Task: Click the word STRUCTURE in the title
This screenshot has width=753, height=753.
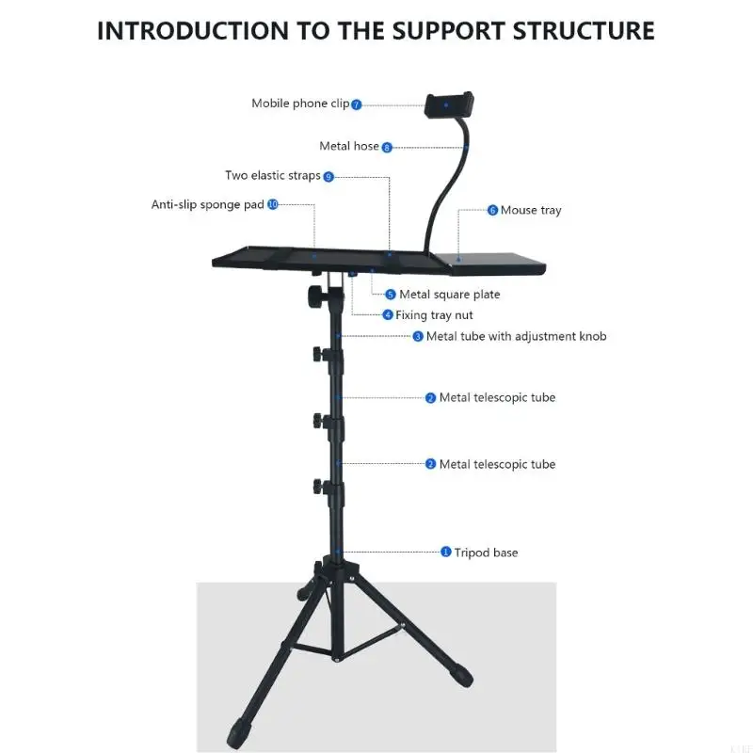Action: tap(584, 31)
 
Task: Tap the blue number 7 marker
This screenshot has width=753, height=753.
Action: tap(356, 104)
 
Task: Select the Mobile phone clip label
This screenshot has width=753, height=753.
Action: tap(300, 104)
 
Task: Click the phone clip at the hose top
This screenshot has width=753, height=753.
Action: tap(449, 104)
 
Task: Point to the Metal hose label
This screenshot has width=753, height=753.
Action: tap(349, 146)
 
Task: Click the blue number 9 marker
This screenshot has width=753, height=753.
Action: tap(328, 177)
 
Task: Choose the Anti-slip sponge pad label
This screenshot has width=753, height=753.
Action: tap(207, 204)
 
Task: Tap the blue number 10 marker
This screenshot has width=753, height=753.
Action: tap(273, 204)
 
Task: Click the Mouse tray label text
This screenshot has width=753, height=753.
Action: tap(531, 210)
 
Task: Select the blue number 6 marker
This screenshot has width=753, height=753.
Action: tap(492, 210)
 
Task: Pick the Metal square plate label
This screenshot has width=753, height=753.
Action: tap(450, 295)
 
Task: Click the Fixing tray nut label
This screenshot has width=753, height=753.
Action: tap(434, 315)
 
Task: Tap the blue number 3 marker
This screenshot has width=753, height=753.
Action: tap(418, 337)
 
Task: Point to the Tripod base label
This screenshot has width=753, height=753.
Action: tap(486, 553)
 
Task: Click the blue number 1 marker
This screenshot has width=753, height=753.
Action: tap(445, 553)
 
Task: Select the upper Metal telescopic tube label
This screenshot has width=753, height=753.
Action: tap(497, 397)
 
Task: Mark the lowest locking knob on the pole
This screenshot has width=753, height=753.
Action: tap(319, 487)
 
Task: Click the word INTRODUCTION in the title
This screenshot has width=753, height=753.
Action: tap(193, 31)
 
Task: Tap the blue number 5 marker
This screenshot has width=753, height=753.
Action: tap(391, 295)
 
